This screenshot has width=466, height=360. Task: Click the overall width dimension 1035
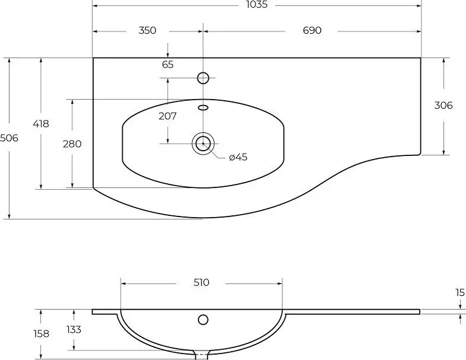257,4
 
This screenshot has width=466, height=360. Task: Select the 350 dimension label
148,30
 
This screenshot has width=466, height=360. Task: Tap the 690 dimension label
312,30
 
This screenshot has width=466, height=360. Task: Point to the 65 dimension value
168,64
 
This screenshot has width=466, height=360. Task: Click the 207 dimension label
168,116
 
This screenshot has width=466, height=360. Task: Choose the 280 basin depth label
72,144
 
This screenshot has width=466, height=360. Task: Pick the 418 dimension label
41,124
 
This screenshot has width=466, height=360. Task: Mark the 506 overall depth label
9,138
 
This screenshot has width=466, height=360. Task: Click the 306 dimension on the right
443,105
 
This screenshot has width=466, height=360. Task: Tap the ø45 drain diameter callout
238,157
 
